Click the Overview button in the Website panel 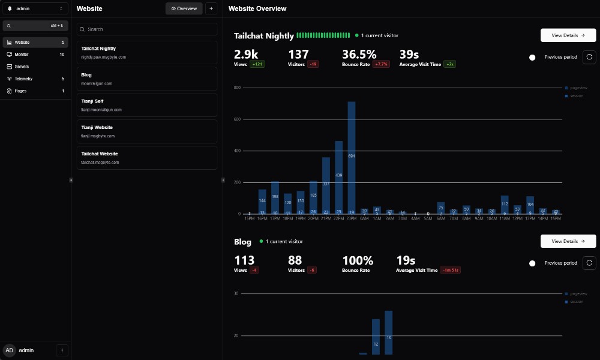tap(184, 8)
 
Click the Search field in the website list tap(149, 29)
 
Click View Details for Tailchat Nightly tap(568, 35)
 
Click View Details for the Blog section tap(568, 241)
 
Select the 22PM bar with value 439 tap(338, 177)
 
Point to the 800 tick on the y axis tap(237, 88)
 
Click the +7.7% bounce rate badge tap(381, 64)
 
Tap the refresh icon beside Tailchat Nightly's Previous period tap(589, 57)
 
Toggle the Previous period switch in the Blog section tap(533, 263)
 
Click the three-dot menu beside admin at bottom tap(62, 350)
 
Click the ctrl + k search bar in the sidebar tap(35, 26)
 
